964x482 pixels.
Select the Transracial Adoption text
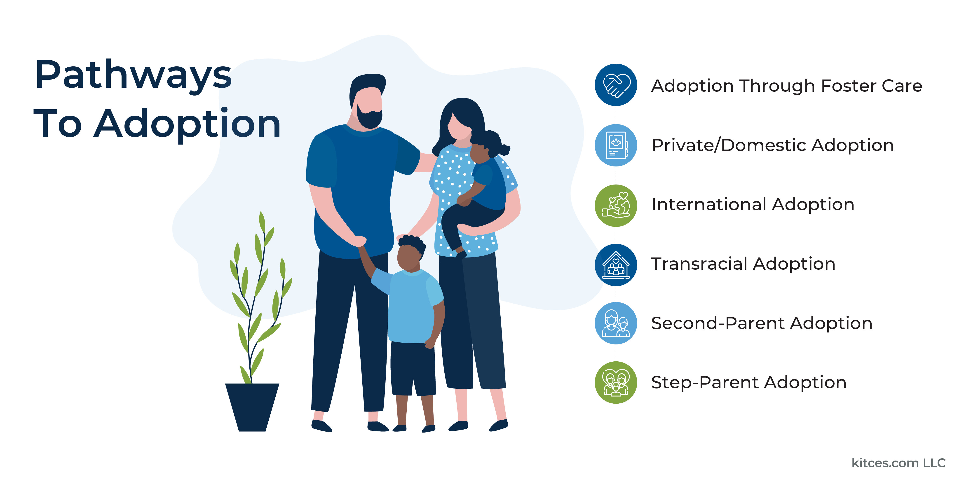tap(743, 264)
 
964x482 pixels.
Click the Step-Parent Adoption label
tap(748, 382)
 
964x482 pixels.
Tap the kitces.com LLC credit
tap(898, 463)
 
